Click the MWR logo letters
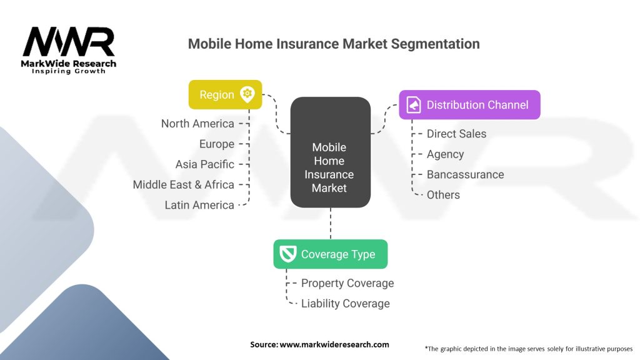69,42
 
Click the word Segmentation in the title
435,44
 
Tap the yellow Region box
225,95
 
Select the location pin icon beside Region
247,94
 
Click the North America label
197,124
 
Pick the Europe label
217,144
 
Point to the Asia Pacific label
205,164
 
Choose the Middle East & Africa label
184,185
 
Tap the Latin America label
199,205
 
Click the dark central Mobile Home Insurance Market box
331,152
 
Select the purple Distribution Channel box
470,105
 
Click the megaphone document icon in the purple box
414,105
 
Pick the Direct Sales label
456,134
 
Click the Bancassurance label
465,175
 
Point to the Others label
443,195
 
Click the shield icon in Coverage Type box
287,254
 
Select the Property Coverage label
347,283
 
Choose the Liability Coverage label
345,304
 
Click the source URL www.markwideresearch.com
334,344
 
